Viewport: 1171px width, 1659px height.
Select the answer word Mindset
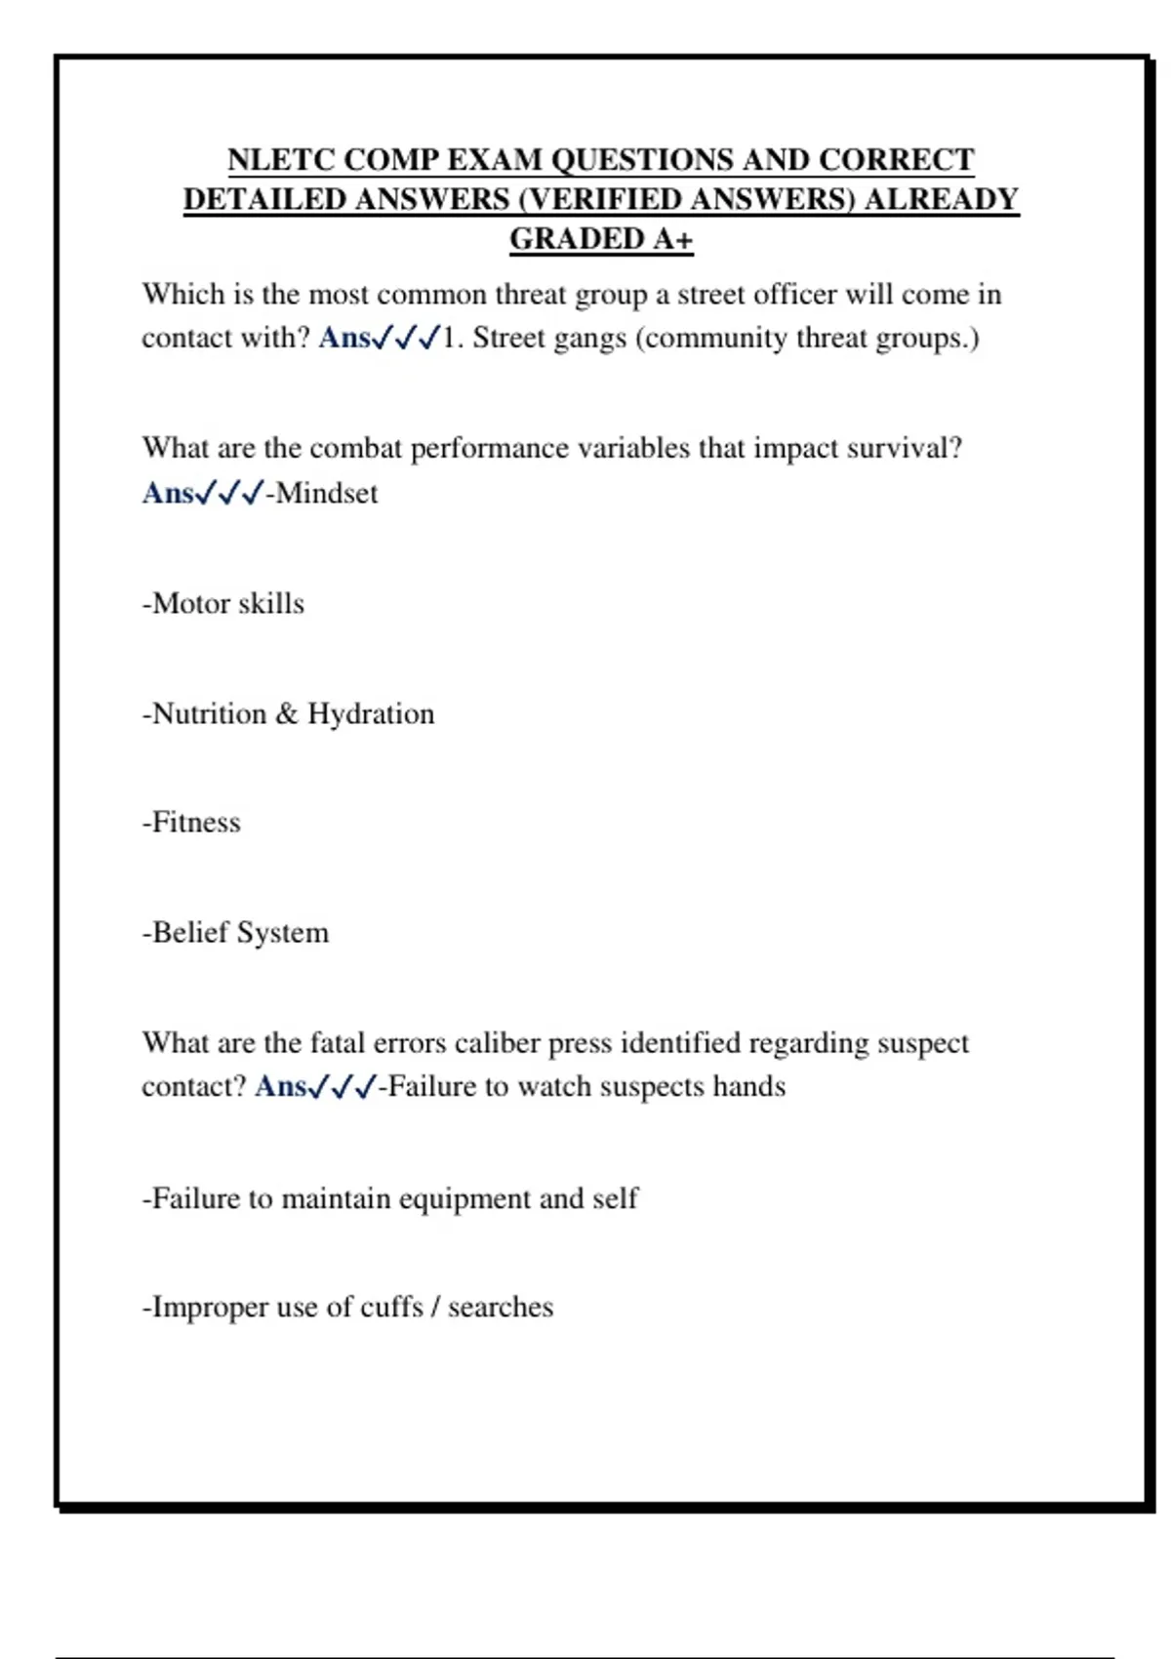327,493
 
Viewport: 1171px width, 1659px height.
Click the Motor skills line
223,603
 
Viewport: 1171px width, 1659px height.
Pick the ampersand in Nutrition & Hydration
287,714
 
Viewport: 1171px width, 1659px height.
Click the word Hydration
371,714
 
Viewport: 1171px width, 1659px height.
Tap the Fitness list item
191,823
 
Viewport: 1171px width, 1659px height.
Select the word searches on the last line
501,1307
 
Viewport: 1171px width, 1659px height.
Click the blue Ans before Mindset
168,493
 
